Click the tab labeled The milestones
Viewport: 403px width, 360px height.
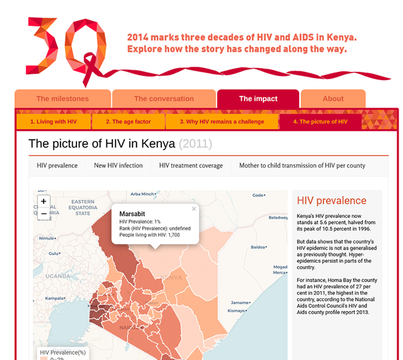(62, 99)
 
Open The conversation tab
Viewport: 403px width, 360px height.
(164, 99)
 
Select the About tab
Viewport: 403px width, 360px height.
(333, 99)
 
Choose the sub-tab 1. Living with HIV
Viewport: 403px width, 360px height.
(53, 122)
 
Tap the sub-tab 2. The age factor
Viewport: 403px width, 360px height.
(128, 122)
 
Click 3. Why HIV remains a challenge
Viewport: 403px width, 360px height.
(222, 122)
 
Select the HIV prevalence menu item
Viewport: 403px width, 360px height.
(57, 165)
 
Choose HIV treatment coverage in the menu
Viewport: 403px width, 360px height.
(191, 165)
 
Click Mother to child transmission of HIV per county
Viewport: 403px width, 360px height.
(302, 165)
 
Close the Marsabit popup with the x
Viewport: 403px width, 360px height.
(194, 209)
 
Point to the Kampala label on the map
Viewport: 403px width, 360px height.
(54, 298)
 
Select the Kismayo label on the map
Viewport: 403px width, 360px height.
(236, 311)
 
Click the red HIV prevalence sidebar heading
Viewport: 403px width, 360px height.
(331, 201)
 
